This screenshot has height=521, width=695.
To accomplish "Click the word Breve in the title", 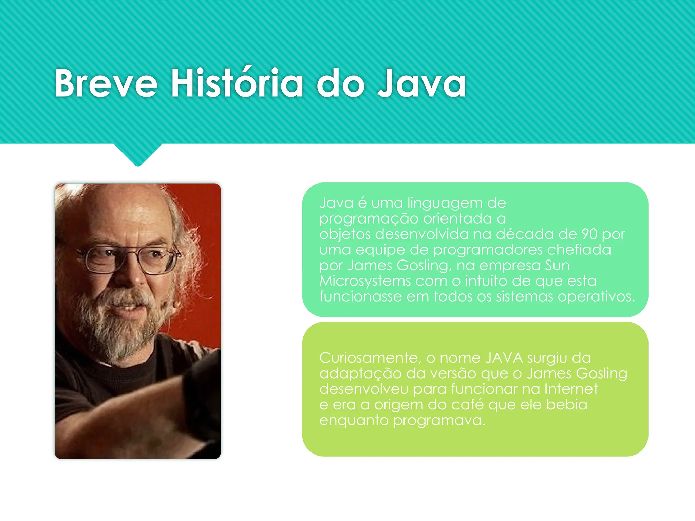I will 106,83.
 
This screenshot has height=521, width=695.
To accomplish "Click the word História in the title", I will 237,83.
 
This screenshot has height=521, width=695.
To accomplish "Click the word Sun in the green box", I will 557,265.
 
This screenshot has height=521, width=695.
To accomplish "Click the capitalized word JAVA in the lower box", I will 504,358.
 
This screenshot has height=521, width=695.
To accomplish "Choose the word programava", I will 439,420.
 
